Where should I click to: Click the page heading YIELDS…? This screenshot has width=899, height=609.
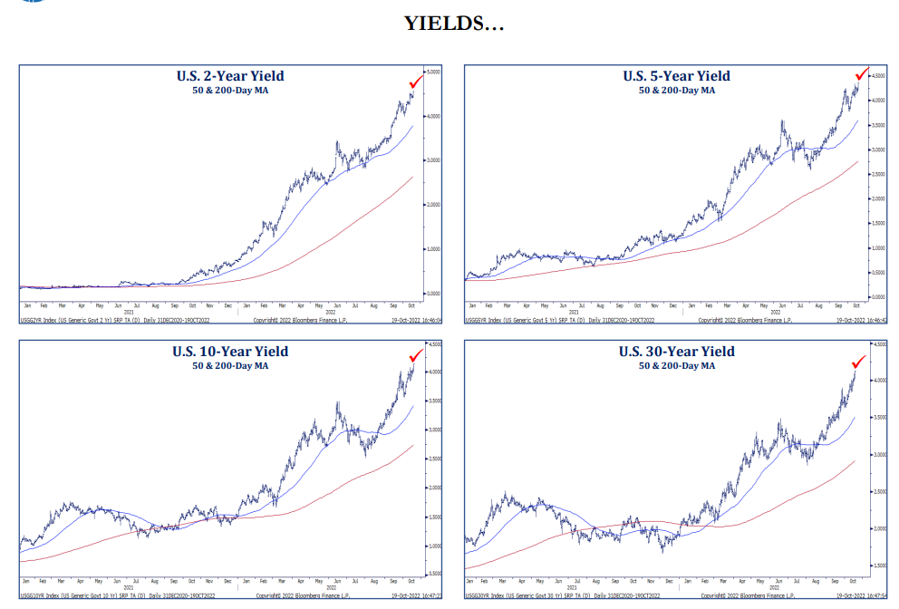tap(454, 24)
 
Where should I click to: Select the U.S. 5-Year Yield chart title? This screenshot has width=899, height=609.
tap(676, 76)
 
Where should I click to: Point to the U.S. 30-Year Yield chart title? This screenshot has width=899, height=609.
tap(676, 352)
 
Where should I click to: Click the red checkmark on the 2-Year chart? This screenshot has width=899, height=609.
tap(416, 82)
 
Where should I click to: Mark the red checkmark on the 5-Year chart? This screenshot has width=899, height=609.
tap(862, 73)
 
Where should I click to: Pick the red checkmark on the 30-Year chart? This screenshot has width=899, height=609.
tap(858, 361)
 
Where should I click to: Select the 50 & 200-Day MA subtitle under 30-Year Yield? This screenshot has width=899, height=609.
tap(676, 365)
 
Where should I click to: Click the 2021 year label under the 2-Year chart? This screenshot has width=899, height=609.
tap(129, 314)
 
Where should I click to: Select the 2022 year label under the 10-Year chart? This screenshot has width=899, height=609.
tap(331, 588)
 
